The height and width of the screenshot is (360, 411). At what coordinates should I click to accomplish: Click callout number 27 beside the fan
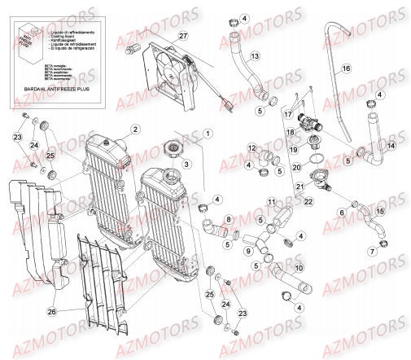183,36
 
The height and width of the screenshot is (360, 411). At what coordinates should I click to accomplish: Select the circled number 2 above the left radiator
136,130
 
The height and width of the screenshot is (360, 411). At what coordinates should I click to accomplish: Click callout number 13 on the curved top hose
255,56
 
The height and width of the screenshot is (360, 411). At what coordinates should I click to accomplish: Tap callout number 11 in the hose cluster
272,201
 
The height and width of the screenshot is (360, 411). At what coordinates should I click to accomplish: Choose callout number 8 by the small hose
229,219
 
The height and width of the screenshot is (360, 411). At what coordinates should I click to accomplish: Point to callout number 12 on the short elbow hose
253,147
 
